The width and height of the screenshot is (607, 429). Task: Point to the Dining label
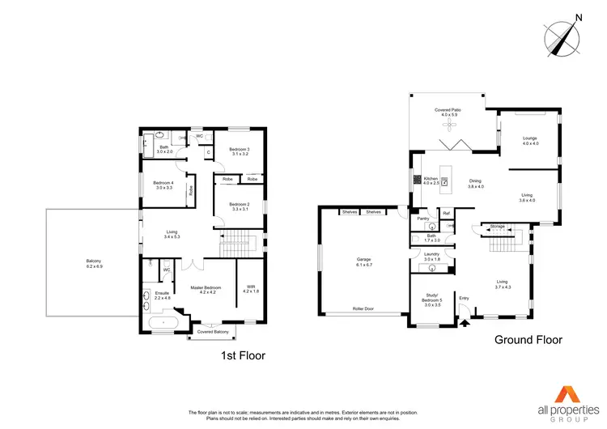tap(475, 184)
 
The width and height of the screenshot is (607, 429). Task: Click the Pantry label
tap(422, 218)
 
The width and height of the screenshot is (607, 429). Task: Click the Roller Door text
tap(363, 309)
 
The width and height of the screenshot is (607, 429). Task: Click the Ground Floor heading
tap(528, 340)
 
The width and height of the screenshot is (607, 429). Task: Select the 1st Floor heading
tap(243, 355)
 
